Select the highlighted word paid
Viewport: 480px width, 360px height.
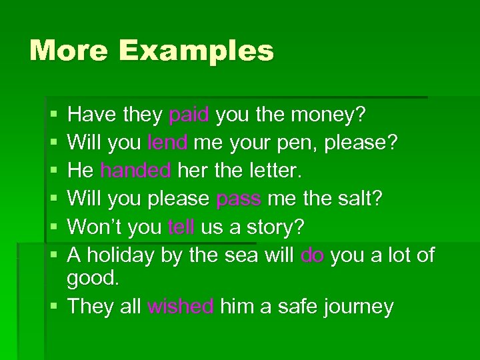tap(189, 115)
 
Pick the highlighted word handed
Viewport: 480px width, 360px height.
tap(135, 171)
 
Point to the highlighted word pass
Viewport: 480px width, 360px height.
tap(239, 199)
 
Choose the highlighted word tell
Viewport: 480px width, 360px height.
tap(181, 227)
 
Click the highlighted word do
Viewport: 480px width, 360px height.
tap(312, 255)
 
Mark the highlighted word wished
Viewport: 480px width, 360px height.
tap(180, 307)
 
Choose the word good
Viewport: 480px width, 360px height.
tap(93, 279)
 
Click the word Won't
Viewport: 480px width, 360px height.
tap(95, 227)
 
